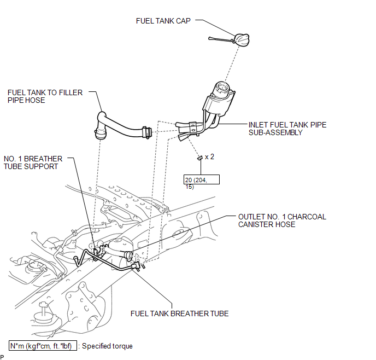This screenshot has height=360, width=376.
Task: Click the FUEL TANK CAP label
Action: [163, 21]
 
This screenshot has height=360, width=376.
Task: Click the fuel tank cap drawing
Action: [242, 39]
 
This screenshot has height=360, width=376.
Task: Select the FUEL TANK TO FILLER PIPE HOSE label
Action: [45, 96]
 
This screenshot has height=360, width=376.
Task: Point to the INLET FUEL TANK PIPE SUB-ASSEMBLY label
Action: [287, 129]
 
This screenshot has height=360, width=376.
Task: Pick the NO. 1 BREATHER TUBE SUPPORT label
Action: [33, 162]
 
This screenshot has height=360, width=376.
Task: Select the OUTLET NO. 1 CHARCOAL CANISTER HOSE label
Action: [282, 220]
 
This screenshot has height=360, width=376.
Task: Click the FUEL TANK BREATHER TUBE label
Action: [179, 313]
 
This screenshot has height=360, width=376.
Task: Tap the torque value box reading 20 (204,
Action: [202, 179]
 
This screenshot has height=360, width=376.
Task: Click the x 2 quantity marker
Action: [209, 157]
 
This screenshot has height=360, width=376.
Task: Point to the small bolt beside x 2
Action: [200, 158]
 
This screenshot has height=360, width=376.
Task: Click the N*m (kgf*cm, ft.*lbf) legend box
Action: [43, 346]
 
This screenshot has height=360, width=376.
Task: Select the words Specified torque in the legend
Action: [107, 346]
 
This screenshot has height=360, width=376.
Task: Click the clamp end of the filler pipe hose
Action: [146, 132]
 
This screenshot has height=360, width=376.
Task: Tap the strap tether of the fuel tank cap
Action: [221, 39]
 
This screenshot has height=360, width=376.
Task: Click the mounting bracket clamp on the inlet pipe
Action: [193, 127]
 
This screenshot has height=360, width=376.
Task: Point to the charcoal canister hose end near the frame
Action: [128, 255]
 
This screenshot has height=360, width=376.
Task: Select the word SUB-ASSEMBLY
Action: [275, 132]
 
